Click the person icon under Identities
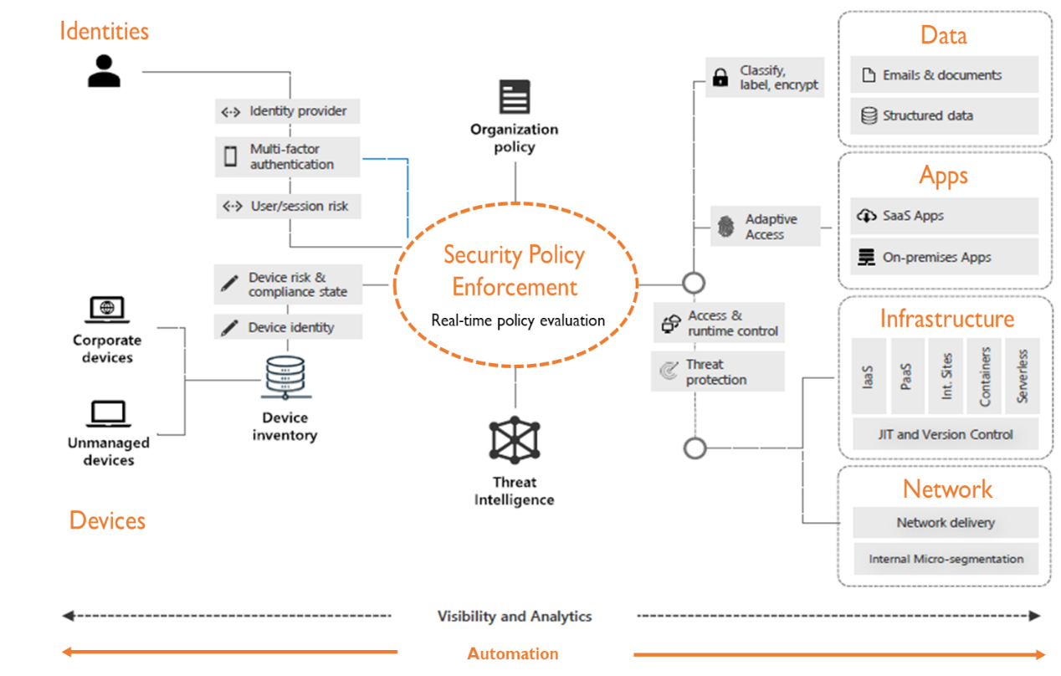point(104,71)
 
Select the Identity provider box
point(287,111)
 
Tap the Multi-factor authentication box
point(287,156)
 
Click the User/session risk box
point(288,206)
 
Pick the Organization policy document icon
point(515,97)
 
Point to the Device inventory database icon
point(284,377)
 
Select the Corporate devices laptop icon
point(107,310)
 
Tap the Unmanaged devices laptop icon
point(108,413)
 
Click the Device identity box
point(288,327)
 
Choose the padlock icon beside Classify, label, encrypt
point(720,79)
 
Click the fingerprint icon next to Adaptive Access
point(725,227)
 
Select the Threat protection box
point(717,371)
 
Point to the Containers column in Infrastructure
point(984,376)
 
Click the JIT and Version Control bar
point(945,434)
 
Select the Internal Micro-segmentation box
point(945,559)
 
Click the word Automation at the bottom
point(512,654)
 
